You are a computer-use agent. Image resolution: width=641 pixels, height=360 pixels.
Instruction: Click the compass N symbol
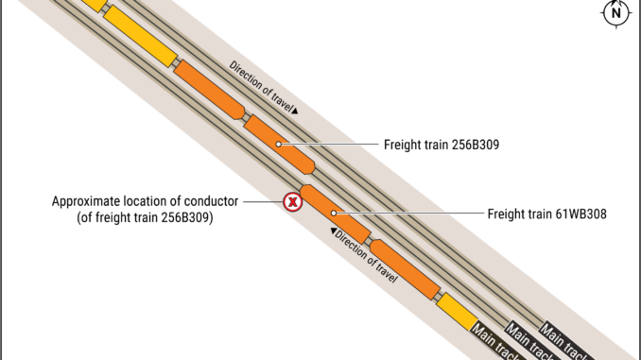615,13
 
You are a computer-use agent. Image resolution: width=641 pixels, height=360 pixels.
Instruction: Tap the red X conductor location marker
293,202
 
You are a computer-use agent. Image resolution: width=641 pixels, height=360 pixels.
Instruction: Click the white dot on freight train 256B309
278,145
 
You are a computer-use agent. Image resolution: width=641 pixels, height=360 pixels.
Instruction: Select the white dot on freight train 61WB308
334,214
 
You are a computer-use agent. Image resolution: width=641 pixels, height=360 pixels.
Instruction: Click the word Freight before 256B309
401,145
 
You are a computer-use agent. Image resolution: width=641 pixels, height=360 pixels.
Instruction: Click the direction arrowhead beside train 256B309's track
295,111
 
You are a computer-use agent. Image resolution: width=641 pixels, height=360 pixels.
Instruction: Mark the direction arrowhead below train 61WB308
334,231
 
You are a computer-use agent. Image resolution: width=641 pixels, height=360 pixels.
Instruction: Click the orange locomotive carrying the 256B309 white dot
279,145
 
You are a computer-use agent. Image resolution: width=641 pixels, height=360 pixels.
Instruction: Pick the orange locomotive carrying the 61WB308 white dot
336,214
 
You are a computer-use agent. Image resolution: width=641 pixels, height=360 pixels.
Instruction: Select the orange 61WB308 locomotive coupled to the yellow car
406,269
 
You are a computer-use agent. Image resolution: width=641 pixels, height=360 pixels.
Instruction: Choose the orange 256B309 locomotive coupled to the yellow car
209,90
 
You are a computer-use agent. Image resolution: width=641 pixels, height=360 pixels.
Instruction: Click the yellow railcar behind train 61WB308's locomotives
457,312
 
